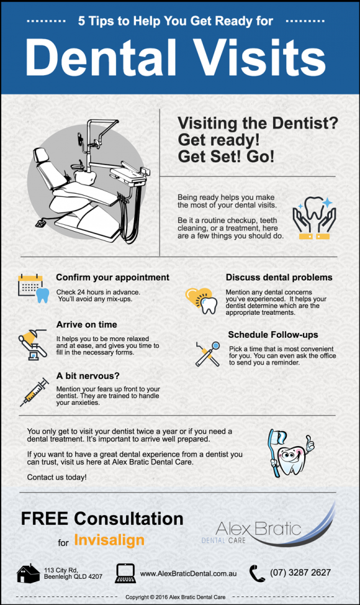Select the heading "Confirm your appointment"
112,277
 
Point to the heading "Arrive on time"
86,324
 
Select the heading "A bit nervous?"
88,375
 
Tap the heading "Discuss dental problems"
279,277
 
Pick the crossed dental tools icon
207,353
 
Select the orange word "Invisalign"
109,540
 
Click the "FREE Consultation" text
102,519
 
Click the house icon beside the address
29,573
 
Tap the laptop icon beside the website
125,573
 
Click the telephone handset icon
257,573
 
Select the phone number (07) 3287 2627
300,573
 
